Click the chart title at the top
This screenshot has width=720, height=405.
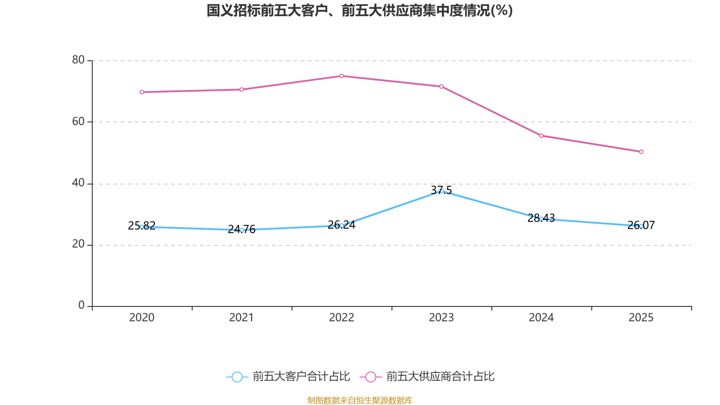point(360,10)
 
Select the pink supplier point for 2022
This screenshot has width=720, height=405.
point(342,76)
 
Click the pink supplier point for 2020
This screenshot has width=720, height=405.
point(142,92)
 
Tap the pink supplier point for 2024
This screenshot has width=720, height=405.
point(541,135)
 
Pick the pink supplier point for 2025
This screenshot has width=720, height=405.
point(641,152)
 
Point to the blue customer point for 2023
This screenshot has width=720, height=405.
point(441,191)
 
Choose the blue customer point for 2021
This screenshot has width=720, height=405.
point(242,230)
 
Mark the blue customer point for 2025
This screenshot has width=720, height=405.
point(641,226)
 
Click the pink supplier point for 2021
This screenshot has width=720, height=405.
point(242,90)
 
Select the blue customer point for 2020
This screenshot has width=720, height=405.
point(142,227)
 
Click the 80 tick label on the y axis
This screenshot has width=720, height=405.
point(78,60)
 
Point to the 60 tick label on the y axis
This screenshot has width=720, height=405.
point(78,121)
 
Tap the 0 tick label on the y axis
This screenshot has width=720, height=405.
point(81,306)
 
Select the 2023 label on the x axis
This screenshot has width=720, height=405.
point(441,318)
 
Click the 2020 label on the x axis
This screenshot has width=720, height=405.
point(142,318)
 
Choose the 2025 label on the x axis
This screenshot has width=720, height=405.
point(641,318)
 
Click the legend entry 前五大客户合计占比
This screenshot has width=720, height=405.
point(301,377)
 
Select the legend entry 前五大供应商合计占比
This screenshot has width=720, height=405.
point(440,377)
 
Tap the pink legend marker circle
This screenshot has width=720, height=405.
point(370,377)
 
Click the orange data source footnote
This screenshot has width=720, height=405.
point(360,400)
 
